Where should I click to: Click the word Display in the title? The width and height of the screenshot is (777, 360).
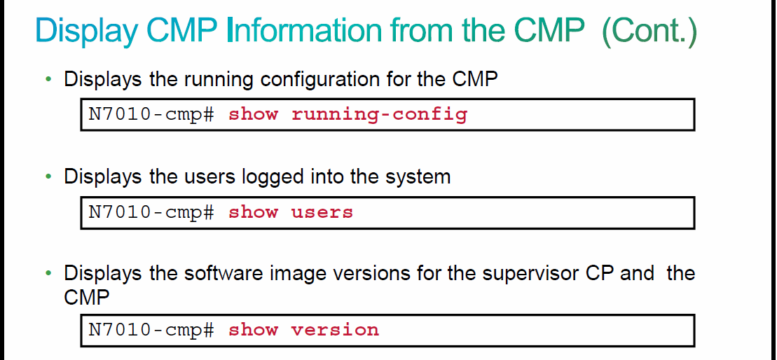click(88, 32)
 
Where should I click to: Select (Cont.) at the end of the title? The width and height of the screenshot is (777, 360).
click(649, 32)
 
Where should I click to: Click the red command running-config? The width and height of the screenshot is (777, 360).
click(379, 114)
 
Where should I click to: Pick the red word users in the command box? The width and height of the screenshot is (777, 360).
click(322, 212)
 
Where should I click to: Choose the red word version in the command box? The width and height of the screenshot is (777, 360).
click(335, 329)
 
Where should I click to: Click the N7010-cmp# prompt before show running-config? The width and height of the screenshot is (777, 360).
click(151, 114)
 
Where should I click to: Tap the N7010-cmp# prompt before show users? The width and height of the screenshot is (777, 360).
click(151, 212)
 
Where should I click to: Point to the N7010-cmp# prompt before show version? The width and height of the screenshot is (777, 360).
click(151, 329)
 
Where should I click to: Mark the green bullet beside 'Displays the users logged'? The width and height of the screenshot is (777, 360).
click(48, 176)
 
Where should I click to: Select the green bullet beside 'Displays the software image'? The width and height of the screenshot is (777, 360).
click(48, 273)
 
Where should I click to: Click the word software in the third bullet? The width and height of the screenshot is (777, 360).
click(229, 273)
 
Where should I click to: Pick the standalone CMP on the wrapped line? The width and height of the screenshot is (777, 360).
click(86, 297)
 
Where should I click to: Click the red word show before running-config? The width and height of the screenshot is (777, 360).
click(253, 114)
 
